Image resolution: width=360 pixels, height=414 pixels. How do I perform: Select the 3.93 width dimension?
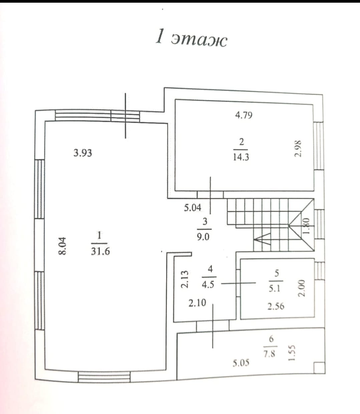(83, 153)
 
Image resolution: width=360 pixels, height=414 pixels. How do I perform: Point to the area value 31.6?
(100, 251)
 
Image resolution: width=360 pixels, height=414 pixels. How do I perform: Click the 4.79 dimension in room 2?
(244, 115)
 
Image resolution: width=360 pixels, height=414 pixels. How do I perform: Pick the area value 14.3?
(241, 157)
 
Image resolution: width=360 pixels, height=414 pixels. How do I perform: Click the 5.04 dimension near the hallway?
(193, 208)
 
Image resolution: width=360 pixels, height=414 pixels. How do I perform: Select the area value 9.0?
(203, 237)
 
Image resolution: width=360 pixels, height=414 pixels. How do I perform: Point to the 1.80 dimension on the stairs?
(306, 226)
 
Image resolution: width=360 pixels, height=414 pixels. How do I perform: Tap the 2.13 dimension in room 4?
(185, 279)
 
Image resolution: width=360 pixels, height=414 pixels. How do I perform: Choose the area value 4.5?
(208, 285)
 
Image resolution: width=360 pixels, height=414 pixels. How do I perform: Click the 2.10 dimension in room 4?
(197, 303)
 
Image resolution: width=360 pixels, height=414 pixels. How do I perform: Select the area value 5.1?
(274, 289)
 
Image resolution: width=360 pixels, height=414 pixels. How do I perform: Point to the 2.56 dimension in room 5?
(276, 306)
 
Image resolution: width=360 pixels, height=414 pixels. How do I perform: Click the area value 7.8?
(270, 354)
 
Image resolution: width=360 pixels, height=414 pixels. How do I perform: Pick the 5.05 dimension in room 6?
(241, 363)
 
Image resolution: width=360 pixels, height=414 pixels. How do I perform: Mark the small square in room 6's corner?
(319, 368)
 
